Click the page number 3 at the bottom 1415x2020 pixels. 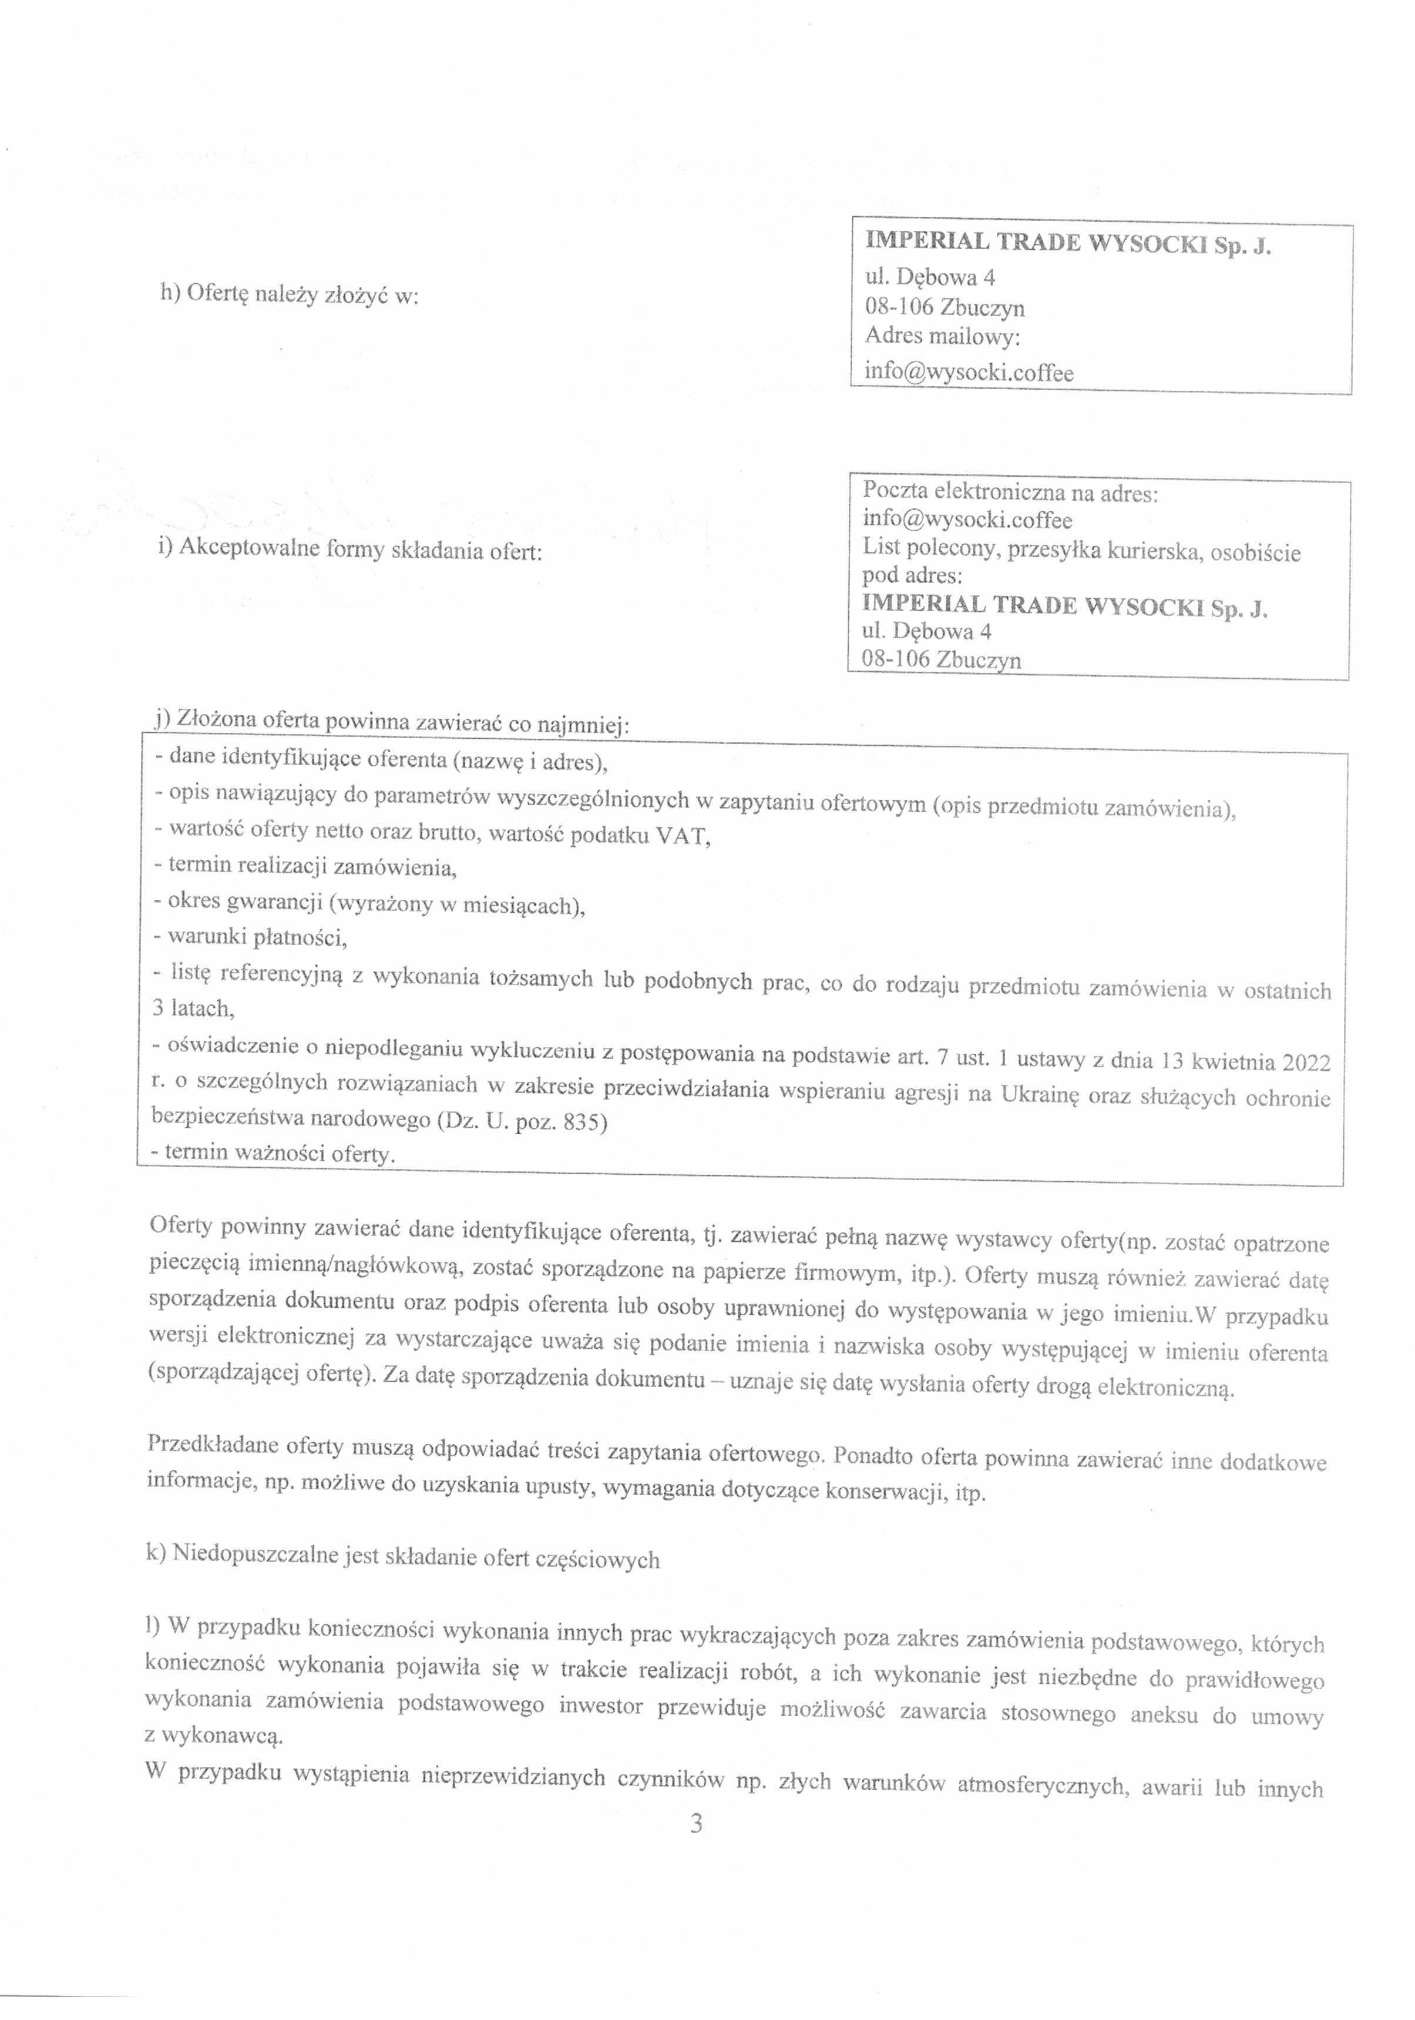point(695,1825)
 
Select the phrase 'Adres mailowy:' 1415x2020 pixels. point(942,336)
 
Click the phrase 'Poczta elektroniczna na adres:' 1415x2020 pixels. point(1010,493)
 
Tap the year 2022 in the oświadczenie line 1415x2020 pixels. point(1306,1063)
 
